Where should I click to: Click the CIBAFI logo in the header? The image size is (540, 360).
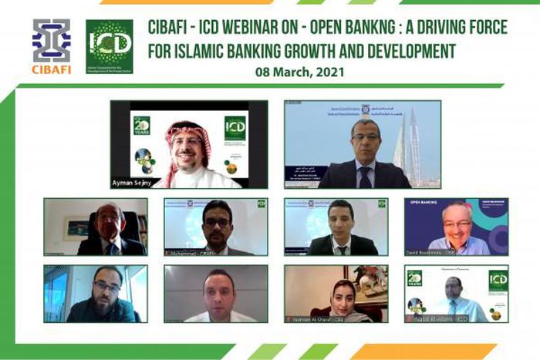click(51, 45)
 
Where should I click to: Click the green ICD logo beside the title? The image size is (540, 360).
click(109, 46)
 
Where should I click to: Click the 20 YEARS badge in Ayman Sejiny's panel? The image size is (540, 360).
click(141, 124)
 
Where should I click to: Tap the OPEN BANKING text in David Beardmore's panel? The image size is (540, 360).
click(425, 204)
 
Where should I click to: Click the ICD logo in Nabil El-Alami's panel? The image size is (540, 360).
click(498, 280)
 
